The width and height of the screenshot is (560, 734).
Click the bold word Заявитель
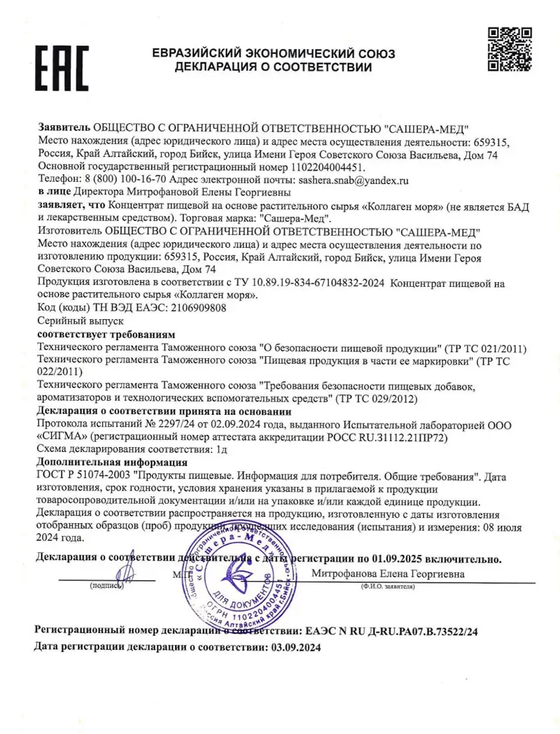pyautogui.click(x=63, y=128)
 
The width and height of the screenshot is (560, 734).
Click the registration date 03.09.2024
pyautogui.click(x=295, y=648)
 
